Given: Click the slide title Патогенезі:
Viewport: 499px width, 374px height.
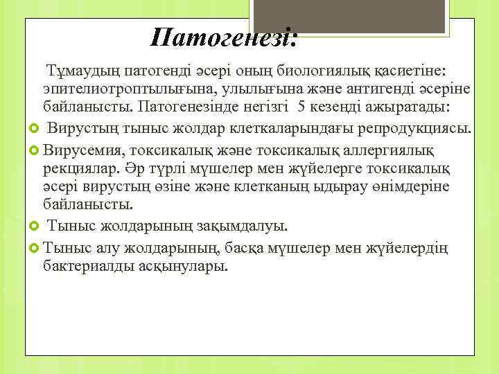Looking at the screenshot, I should [224, 37].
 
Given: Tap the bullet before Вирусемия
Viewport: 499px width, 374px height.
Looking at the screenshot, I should [35, 148].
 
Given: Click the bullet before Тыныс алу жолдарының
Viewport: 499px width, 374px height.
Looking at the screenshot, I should [35, 246].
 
